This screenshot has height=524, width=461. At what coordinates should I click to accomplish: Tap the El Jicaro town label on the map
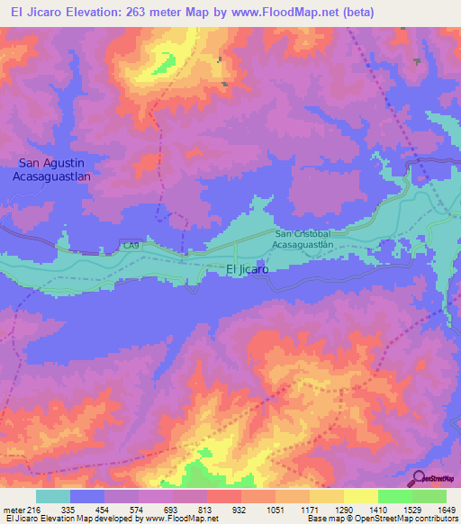coord(247,269)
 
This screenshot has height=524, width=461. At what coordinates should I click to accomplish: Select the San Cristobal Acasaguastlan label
coord(304,238)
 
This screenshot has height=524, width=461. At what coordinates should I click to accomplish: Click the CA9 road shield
coord(131,245)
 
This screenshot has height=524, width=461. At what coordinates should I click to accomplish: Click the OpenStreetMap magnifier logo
coord(420,477)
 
